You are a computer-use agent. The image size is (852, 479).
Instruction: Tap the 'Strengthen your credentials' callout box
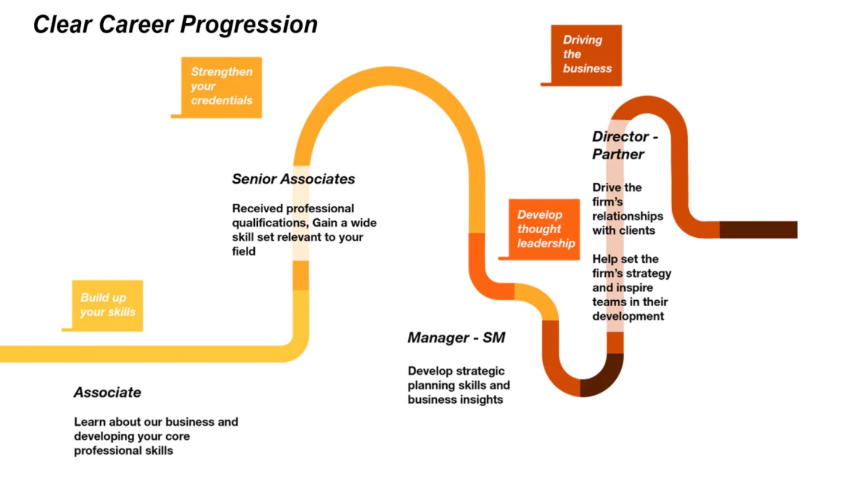221,87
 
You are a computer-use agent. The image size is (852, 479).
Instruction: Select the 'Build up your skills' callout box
107,305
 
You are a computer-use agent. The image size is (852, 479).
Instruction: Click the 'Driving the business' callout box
586,55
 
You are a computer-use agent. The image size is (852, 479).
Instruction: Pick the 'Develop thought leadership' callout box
544,229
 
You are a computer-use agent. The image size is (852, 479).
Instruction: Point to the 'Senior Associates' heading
293,179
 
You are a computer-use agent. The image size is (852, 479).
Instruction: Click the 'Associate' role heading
107,392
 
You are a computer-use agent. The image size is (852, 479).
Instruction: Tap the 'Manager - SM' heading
456,338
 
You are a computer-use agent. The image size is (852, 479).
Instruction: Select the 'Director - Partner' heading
624,145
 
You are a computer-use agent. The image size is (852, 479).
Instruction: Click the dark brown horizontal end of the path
758,230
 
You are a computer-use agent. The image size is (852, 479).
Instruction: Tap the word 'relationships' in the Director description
627,216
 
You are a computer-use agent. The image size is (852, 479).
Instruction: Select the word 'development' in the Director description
628,316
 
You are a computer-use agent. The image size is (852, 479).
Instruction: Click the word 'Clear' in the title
63,25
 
